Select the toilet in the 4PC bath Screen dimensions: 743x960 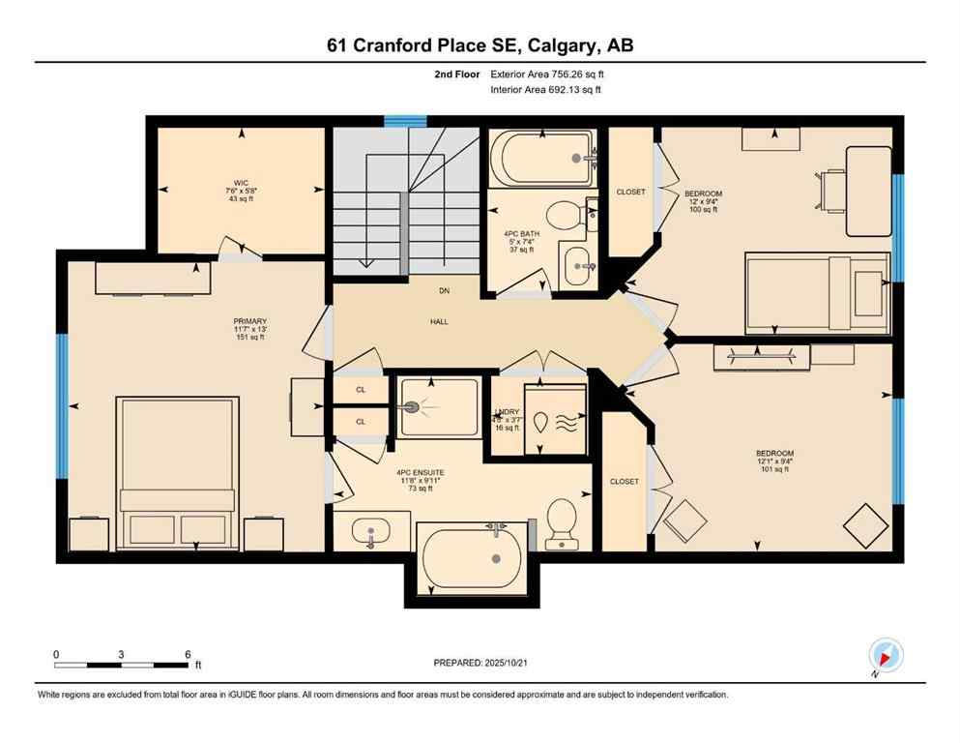point(562,215)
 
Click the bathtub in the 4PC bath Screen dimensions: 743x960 point(541,160)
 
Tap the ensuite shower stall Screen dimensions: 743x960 point(439,407)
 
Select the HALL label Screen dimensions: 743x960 point(440,322)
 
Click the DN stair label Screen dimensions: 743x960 point(440,290)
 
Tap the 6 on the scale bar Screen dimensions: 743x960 point(187,654)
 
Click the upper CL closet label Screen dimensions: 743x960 point(361,390)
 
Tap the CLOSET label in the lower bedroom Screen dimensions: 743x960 point(625,481)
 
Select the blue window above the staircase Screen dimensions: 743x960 point(405,121)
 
